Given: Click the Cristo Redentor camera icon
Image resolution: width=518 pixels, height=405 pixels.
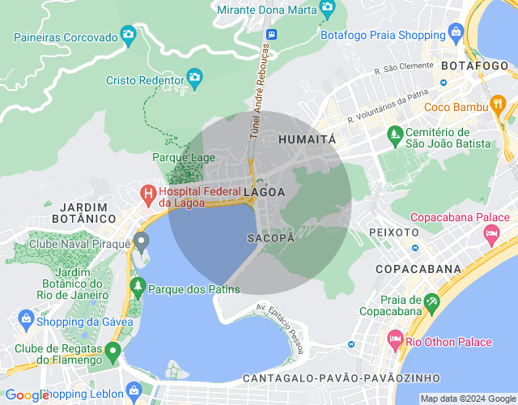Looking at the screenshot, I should [194, 79].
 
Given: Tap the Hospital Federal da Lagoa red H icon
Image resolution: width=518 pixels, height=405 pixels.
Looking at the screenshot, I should [148, 194].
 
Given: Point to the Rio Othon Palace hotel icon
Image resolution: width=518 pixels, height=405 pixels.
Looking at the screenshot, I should [395, 336].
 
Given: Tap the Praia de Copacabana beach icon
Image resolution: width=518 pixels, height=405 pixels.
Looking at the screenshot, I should [432, 304].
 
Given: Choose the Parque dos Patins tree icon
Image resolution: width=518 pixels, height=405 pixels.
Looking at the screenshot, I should [138, 287].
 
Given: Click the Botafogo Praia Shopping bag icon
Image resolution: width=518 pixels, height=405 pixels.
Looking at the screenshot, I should [456, 33].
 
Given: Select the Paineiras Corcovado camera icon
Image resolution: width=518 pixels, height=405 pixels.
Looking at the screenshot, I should [128, 34].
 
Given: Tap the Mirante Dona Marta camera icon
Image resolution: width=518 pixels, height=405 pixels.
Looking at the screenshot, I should [327, 10].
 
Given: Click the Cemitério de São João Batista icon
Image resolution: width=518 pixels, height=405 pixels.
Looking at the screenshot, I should [395, 133].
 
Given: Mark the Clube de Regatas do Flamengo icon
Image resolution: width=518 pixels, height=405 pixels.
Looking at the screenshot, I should [113, 352].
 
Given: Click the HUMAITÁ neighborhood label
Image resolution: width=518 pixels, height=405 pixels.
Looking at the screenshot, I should [307, 139].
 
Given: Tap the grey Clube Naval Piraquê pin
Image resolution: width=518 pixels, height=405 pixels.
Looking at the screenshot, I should [141, 241].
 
